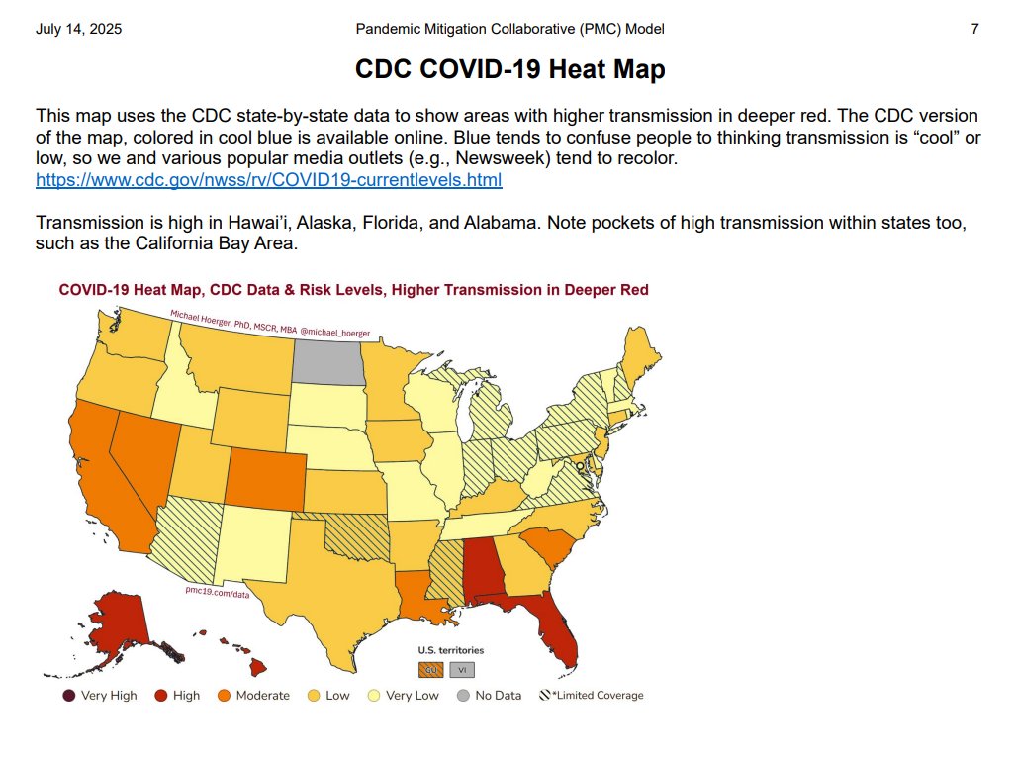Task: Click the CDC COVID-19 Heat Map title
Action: (509, 70)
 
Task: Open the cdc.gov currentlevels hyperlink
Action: (269, 180)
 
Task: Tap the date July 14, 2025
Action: (79, 29)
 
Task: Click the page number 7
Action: (974, 29)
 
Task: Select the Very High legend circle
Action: (68, 696)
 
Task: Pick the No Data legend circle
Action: (462, 696)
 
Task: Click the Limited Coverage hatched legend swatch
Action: (544, 696)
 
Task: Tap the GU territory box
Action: (431, 670)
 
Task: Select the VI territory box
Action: (461, 670)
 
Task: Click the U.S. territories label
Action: (450, 650)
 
